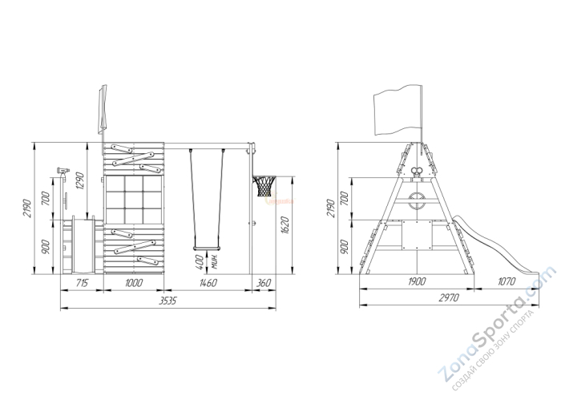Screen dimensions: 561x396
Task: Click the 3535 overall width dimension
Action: pos(167,301)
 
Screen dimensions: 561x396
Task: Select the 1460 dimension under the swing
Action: pos(207,283)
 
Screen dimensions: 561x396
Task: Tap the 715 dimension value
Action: pos(82,283)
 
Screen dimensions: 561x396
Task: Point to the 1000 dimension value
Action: pos(134,283)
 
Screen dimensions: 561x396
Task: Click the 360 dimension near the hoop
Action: pos(264,283)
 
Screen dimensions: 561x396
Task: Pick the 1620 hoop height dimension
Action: pos(285,225)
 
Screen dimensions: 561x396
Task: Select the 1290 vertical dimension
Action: pos(79,181)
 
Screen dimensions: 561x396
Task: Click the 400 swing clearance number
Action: pos(200,262)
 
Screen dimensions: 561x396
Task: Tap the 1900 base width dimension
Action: pos(417,281)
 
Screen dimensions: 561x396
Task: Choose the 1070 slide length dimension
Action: pos(507,281)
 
